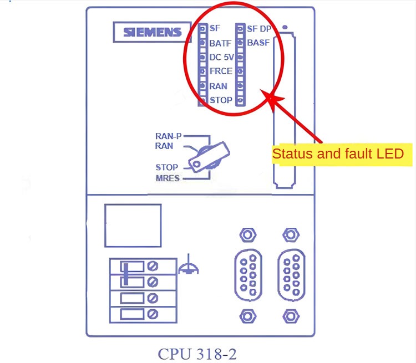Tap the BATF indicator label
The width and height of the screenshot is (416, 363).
click(220, 43)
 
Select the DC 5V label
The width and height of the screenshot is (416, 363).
click(221, 57)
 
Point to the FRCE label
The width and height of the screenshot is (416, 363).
click(221, 71)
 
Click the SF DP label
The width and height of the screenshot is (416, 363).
click(258, 28)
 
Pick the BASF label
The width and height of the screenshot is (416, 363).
click(258, 43)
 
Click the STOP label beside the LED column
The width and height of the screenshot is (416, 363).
click(221, 100)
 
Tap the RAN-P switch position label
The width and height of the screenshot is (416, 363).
click(168, 136)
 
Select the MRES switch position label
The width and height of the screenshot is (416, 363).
click(168, 178)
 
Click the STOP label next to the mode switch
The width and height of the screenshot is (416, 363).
click(166, 167)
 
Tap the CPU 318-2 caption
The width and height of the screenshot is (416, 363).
click(197, 353)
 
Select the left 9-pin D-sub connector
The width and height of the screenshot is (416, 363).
click(248, 275)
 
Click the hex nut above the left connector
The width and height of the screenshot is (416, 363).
click(247, 234)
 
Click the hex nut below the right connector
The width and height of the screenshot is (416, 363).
click(290, 316)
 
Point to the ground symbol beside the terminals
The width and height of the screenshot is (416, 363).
click(189, 268)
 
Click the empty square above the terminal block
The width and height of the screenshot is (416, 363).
click(133, 225)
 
